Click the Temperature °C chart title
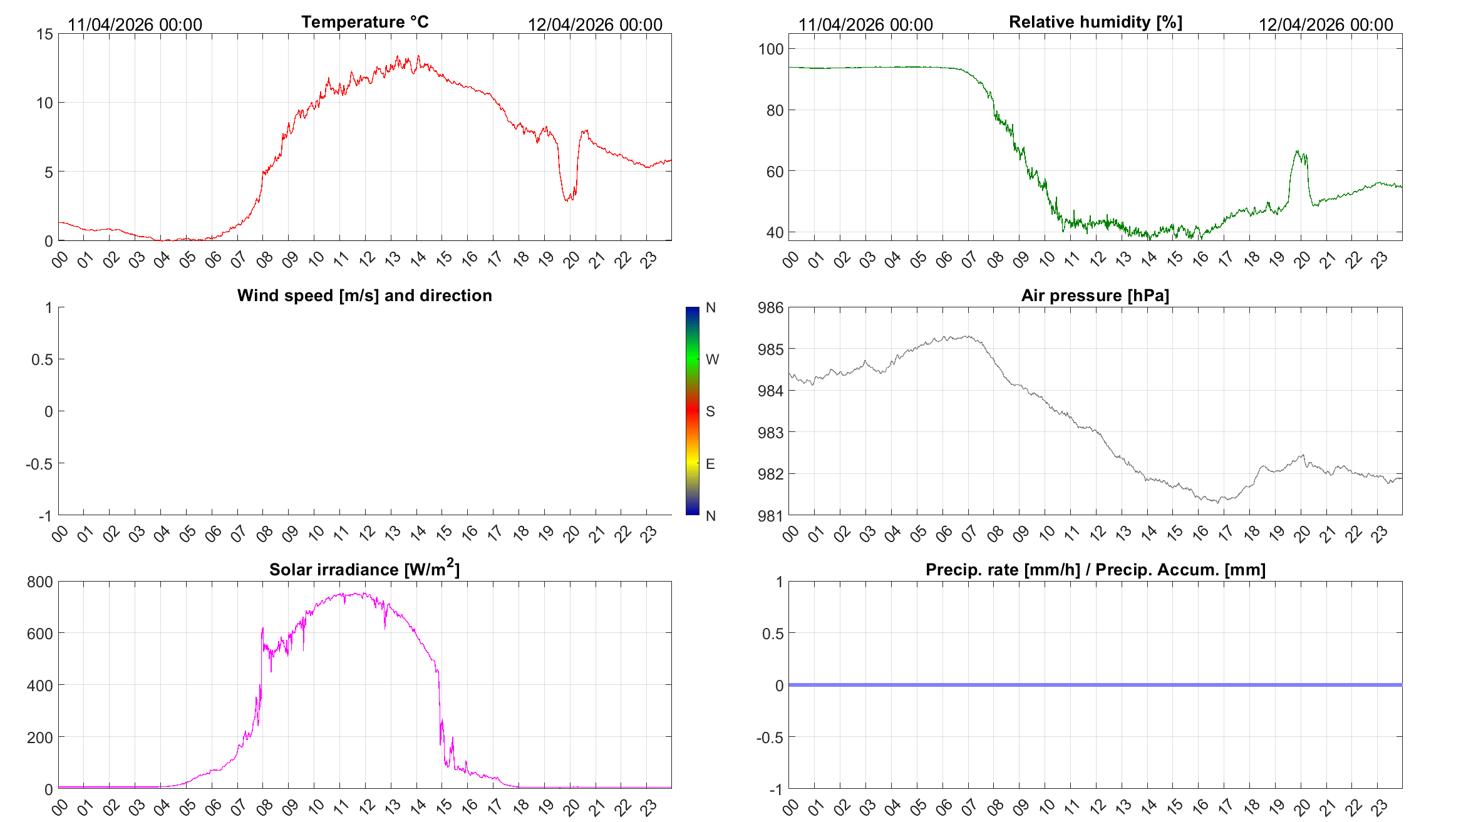[364, 22]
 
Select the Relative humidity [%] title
[1095, 22]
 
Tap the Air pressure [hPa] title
[1095, 295]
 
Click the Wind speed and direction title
[364, 295]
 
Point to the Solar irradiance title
[364, 568]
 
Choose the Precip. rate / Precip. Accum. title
[1095, 570]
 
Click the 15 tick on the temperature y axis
[45, 34]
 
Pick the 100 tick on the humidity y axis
[771, 49]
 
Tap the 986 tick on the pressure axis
[771, 307]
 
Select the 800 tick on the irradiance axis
[40, 582]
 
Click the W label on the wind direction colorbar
[712, 359]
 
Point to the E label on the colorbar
[710, 464]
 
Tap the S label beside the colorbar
[710, 411]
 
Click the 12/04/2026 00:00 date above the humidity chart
[1326, 24]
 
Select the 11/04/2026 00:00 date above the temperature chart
[135, 24]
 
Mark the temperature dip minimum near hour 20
[566, 200]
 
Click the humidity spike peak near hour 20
[1297, 151]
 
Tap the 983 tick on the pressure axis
[771, 433]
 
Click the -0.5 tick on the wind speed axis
[39, 464]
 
